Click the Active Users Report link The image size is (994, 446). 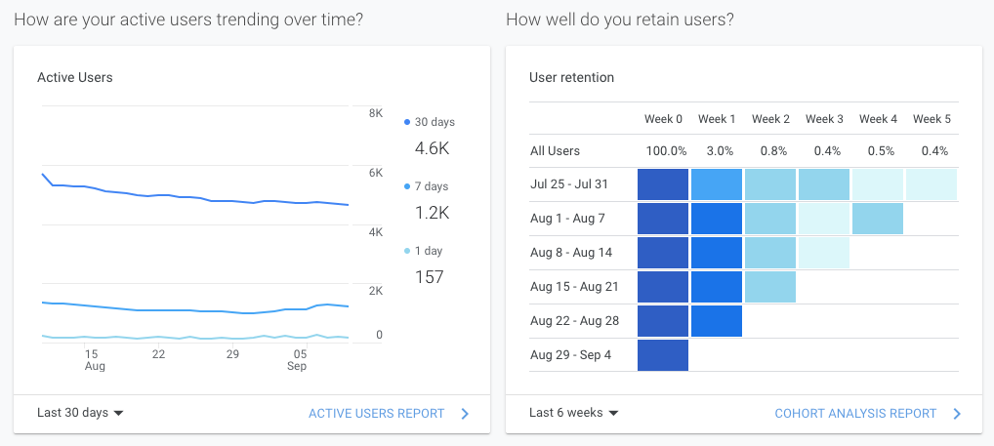point(376,414)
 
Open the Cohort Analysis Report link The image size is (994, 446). point(855,414)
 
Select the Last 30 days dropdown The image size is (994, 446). point(80,413)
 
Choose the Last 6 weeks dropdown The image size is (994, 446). point(573,413)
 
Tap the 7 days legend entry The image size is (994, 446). point(431,186)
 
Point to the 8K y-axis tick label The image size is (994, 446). point(375,113)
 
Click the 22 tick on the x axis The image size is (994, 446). point(158,354)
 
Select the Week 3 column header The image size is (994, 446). point(824,119)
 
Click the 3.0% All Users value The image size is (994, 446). point(717,151)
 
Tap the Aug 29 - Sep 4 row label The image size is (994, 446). point(570,355)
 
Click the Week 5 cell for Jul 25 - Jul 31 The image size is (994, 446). point(932,184)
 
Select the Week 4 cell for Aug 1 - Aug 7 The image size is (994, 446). point(878,219)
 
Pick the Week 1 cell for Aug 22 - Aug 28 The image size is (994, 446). point(717,321)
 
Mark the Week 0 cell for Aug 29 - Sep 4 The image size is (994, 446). point(663,355)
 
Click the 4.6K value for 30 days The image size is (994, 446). point(432,149)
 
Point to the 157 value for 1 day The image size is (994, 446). point(430,277)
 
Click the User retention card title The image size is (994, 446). point(571,77)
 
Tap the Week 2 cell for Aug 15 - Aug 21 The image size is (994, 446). point(770,287)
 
